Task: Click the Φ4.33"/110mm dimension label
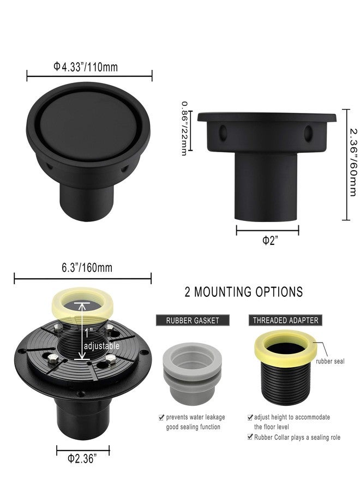(x=86, y=67)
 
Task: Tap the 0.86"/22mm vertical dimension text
(x=184, y=128)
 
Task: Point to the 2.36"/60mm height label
(x=353, y=162)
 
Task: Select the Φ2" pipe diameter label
(x=270, y=241)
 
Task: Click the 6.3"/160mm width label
(x=87, y=268)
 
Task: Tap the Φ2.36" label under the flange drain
(x=82, y=459)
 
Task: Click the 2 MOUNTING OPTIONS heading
(x=244, y=292)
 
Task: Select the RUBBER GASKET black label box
(x=193, y=320)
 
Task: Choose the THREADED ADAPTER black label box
(x=285, y=320)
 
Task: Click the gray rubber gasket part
(x=192, y=374)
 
